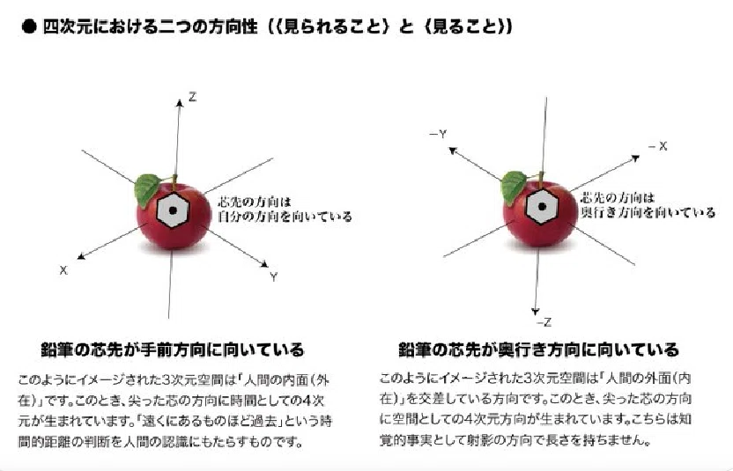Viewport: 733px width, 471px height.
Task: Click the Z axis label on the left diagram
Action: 192,97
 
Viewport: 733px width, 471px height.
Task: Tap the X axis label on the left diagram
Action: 63,270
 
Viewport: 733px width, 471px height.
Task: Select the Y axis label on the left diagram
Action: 273,276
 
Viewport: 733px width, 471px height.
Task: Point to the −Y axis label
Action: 438,135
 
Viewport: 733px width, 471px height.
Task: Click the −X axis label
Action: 658,146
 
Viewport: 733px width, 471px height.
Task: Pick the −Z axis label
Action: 544,322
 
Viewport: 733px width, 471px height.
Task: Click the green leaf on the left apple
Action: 147,188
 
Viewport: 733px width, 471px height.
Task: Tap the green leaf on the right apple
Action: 514,186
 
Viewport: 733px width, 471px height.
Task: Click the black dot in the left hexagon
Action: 173,210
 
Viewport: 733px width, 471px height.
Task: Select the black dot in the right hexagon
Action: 542,206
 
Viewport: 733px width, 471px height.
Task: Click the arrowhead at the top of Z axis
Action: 179,103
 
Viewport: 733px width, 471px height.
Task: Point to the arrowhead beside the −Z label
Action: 536,312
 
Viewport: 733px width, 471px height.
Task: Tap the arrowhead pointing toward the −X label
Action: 635,158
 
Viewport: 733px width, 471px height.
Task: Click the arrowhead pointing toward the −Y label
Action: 453,151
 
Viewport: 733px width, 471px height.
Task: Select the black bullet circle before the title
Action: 29,26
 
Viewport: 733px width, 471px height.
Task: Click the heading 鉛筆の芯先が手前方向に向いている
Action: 173,350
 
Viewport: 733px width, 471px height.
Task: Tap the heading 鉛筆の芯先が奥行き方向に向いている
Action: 538,350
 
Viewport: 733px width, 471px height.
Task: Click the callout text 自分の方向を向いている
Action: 285,217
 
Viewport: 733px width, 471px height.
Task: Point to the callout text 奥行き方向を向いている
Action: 648,212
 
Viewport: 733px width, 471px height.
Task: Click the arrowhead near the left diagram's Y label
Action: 264,264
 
